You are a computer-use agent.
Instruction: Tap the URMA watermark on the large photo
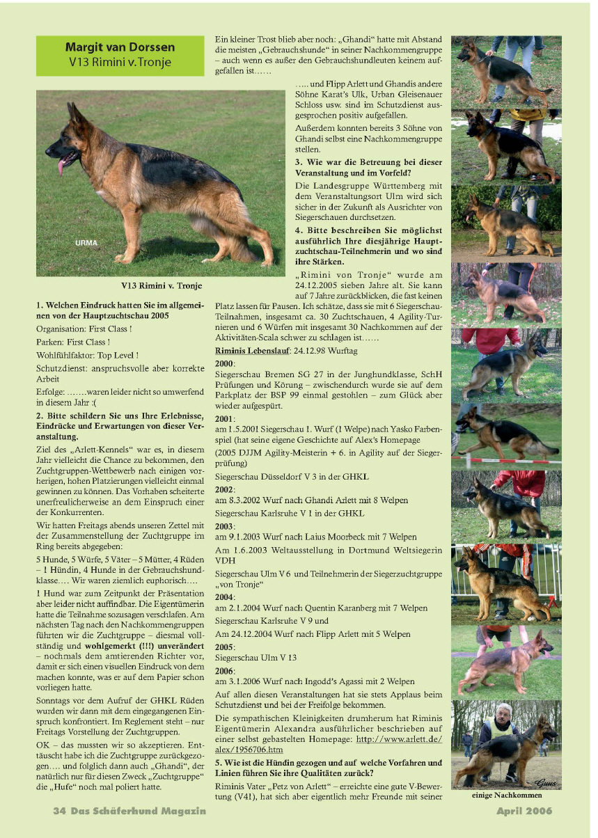click(x=87, y=243)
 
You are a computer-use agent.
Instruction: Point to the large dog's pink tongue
click(x=63, y=166)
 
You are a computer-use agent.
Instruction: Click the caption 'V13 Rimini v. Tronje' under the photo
click(x=161, y=285)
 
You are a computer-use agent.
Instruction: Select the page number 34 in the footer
click(x=59, y=811)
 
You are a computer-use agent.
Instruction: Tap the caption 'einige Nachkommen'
click(x=506, y=796)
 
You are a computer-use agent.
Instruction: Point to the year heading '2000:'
click(x=225, y=363)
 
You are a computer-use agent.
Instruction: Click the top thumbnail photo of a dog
click(x=506, y=72)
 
